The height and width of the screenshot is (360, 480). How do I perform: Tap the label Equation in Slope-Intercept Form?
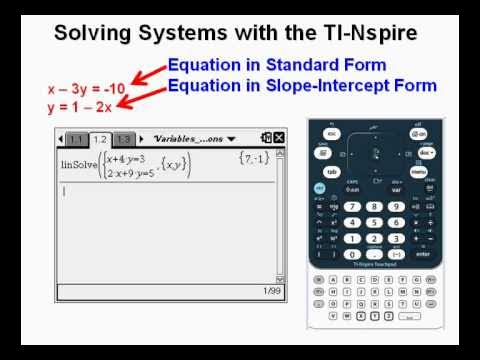[x=302, y=86]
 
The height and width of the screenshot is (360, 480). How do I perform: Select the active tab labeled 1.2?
[x=100, y=139]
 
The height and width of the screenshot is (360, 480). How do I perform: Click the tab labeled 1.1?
[x=76, y=139]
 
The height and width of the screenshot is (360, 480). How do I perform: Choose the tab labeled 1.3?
[x=124, y=139]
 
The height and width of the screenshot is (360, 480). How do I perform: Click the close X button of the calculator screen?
[x=279, y=139]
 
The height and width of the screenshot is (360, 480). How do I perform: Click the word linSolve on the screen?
[x=80, y=164]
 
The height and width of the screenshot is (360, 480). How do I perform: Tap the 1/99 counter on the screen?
[x=271, y=291]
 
